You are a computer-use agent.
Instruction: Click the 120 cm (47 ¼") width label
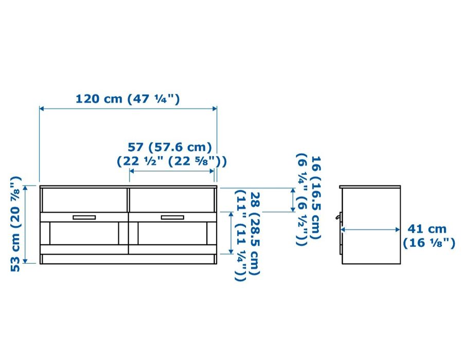[x=128, y=99]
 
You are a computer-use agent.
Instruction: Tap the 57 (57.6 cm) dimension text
[x=170, y=147]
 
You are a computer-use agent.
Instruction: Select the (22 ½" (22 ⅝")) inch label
[x=172, y=161]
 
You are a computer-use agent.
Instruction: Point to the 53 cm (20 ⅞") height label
[x=16, y=224]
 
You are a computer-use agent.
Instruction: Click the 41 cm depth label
[x=427, y=229]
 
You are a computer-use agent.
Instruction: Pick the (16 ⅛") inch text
[x=429, y=243]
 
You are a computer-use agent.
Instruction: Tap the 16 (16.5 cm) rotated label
[x=316, y=197]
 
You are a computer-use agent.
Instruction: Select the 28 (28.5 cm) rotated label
[x=255, y=233]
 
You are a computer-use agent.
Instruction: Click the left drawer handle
[x=84, y=218]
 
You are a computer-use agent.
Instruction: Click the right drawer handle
[x=172, y=218]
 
